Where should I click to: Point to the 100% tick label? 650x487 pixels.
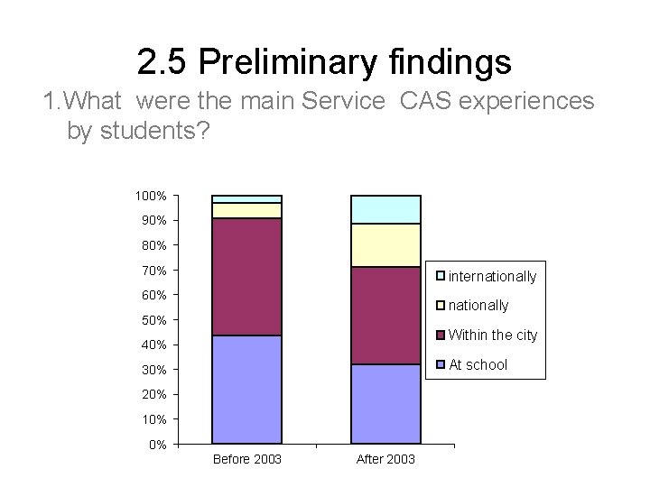point(151,196)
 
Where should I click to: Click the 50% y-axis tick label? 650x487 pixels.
point(153,320)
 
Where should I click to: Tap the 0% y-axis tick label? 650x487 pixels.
point(156,445)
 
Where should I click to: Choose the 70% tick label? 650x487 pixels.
point(153,271)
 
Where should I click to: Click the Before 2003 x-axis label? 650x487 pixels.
point(246,460)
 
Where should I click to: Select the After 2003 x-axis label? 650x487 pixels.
point(385,460)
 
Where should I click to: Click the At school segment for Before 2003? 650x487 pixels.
point(246,390)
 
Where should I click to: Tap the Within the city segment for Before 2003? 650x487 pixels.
point(246,277)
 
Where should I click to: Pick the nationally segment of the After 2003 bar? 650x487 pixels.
point(385,245)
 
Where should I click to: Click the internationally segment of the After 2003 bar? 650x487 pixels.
point(385,209)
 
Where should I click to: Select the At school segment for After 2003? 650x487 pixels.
point(385,404)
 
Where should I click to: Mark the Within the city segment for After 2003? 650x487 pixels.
point(385,316)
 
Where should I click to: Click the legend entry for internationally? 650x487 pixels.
point(492,276)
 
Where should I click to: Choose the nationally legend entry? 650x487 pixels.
point(478,306)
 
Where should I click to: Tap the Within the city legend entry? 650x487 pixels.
point(492,335)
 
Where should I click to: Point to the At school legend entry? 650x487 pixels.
point(478,365)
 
